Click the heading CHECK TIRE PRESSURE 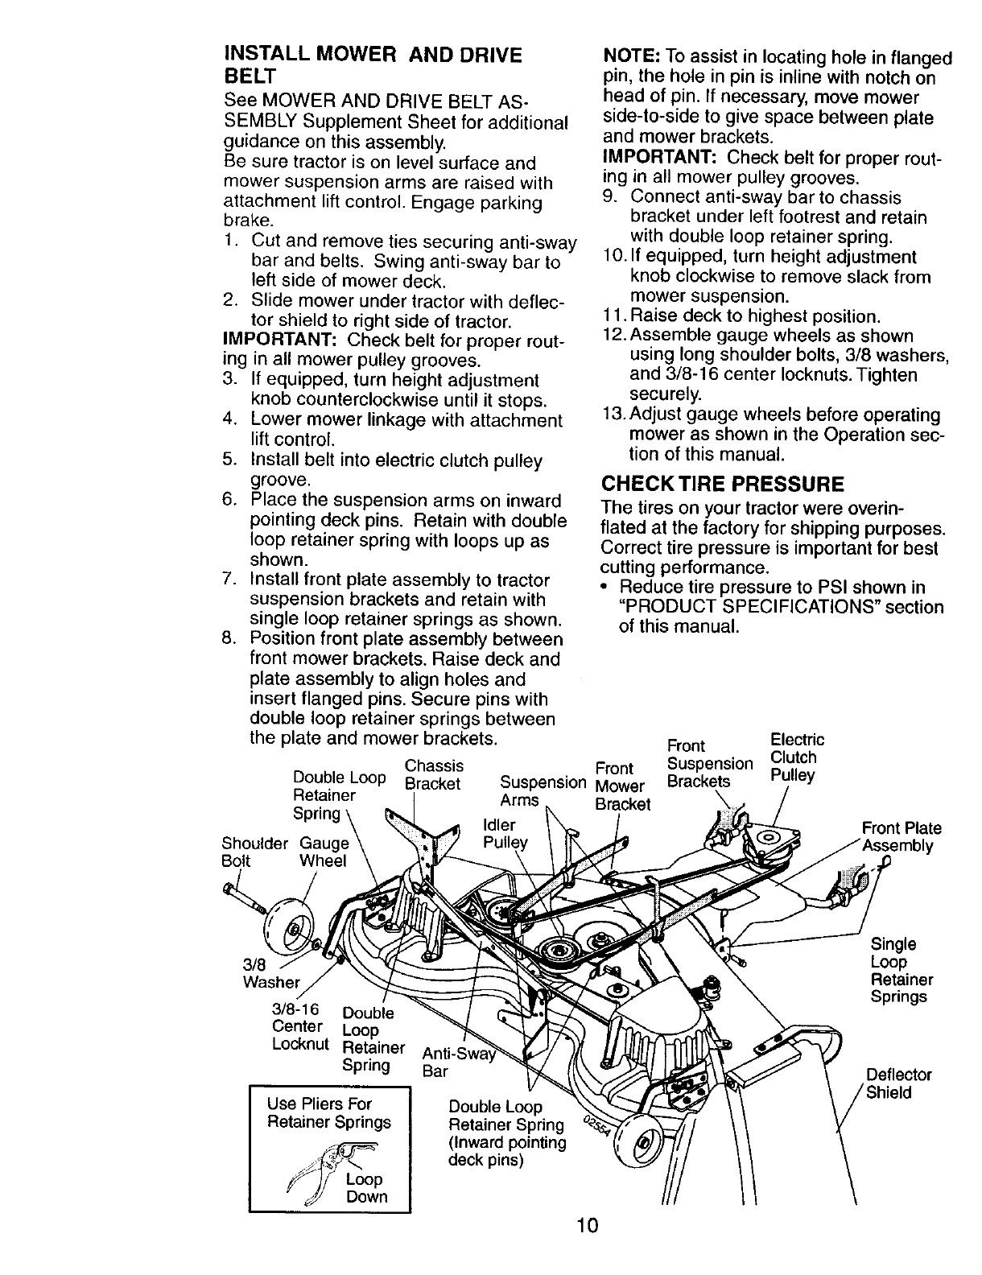(x=723, y=485)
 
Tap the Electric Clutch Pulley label (x=793, y=757)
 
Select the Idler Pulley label (x=504, y=834)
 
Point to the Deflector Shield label (x=897, y=1084)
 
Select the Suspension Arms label (x=542, y=791)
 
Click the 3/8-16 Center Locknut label (x=299, y=1027)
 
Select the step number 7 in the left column (x=227, y=580)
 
